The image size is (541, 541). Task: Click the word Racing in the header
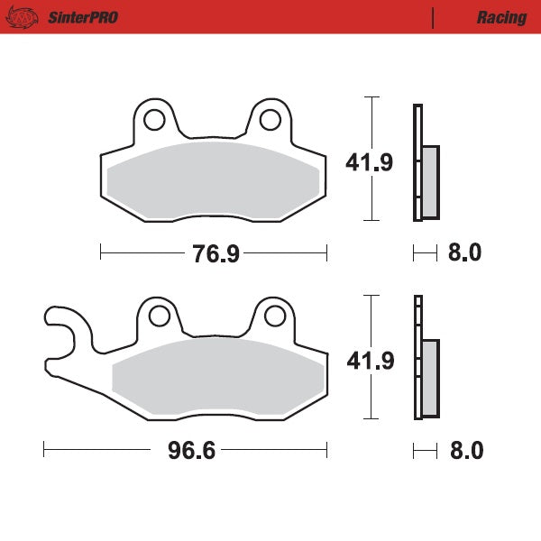click(x=501, y=17)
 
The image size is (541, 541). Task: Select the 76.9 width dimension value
click(x=215, y=254)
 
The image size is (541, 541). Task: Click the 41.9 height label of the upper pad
click(x=369, y=162)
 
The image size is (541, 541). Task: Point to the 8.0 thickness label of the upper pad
click(x=464, y=253)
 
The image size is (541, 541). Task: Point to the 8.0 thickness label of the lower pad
click(x=465, y=450)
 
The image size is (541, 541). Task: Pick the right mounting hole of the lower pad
click(x=273, y=316)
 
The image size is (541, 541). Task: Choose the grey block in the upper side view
click(x=430, y=181)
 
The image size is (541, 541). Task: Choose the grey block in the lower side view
click(x=430, y=377)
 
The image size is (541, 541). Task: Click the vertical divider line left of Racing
click(x=434, y=17)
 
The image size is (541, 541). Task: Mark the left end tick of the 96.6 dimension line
click(x=44, y=449)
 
